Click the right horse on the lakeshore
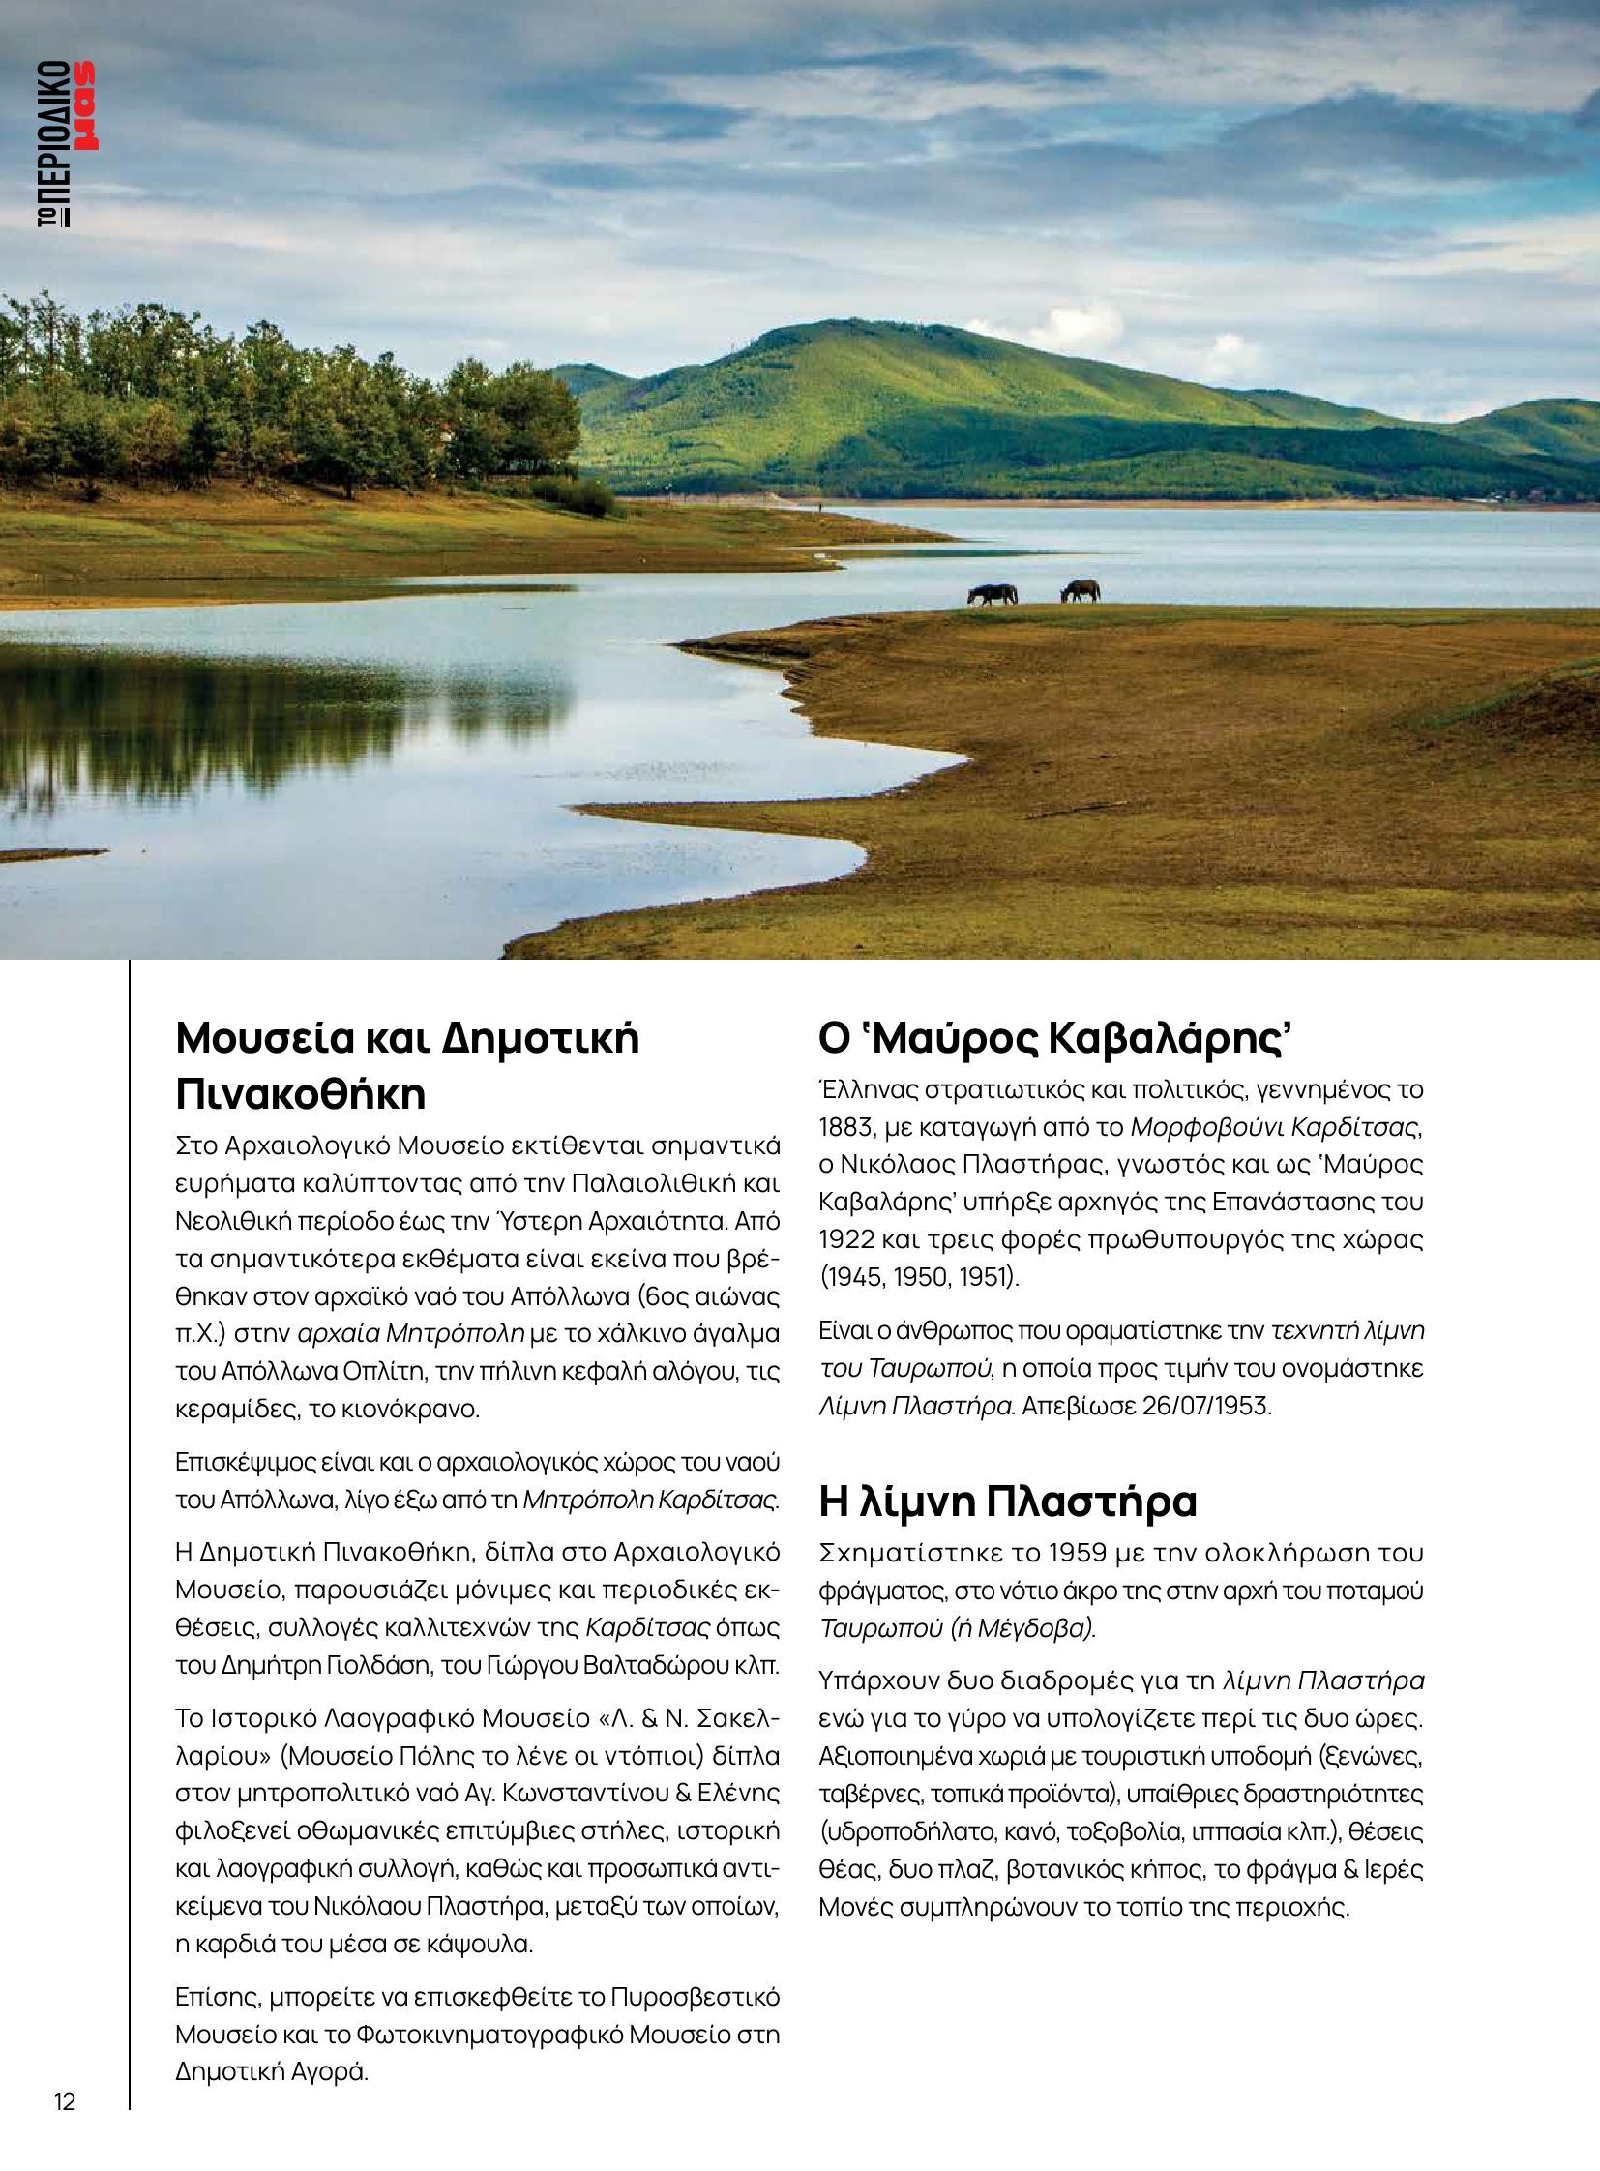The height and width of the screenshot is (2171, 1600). click(x=1081, y=590)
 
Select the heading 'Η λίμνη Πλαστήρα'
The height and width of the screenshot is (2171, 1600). click(x=1008, y=1502)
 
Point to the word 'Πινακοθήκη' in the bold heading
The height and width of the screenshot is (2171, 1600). click(x=301, y=1094)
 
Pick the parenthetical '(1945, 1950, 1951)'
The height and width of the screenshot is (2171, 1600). click(x=919, y=1277)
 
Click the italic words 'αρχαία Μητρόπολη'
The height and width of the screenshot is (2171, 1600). click(x=411, y=1334)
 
